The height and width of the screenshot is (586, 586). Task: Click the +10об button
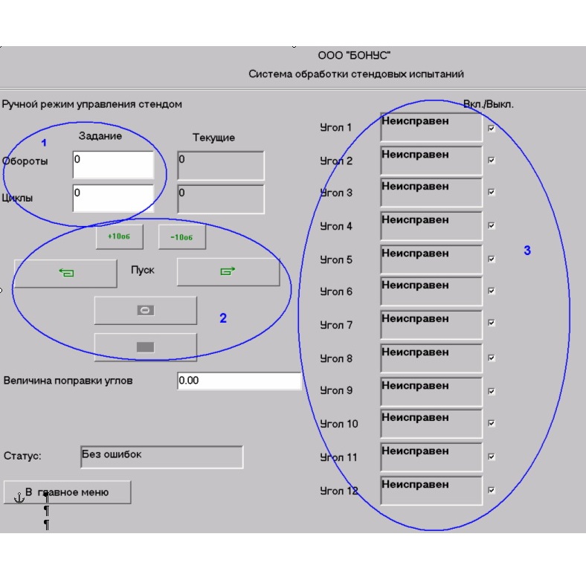click(x=119, y=236)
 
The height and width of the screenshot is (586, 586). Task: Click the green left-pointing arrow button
click(x=65, y=273)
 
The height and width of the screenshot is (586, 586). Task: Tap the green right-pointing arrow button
click(x=228, y=271)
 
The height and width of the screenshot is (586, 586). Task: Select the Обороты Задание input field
click(x=113, y=165)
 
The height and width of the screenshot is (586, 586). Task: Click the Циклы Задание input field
click(x=113, y=198)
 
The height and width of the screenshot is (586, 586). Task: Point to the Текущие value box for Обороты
click(x=221, y=166)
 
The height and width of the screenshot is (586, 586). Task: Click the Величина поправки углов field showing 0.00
click(x=239, y=381)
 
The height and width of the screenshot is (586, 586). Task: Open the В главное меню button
click(x=67, y=492)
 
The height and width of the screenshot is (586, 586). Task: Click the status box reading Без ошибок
click(x=162, y=457)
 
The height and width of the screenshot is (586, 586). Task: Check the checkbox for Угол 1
click(x=492, y=129)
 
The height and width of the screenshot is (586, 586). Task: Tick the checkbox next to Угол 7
click(x=492, y=323)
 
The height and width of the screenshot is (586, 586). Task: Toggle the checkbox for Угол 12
click(x=492, y=490)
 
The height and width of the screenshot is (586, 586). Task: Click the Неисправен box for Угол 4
click(x=431, y=226)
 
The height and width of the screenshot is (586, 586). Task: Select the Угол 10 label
click(x=339, y=424)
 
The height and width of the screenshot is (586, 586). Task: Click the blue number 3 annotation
click(x=527, y=251)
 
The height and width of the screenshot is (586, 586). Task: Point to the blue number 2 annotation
click(x=223, y=318)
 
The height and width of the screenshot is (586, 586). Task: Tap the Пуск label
click(x=142, y=270)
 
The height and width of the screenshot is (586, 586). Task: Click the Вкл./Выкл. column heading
click(x=489, y=104)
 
